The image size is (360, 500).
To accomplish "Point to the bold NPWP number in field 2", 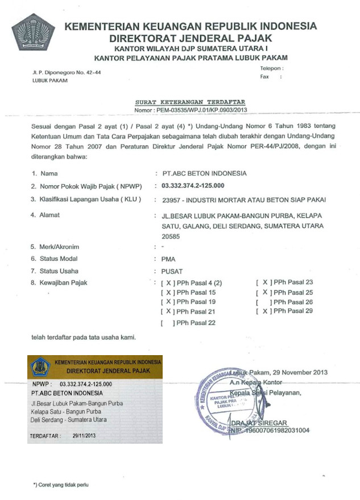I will (193, 186).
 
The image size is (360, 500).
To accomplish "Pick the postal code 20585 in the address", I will (171, 236).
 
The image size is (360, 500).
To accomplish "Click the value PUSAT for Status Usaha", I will (172, 271).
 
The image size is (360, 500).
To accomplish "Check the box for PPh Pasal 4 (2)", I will (168, 282).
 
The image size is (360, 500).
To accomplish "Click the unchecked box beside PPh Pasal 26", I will (263, 302).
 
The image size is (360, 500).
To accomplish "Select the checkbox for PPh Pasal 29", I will (263, 312).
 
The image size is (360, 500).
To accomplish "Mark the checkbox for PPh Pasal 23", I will (263, 282).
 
